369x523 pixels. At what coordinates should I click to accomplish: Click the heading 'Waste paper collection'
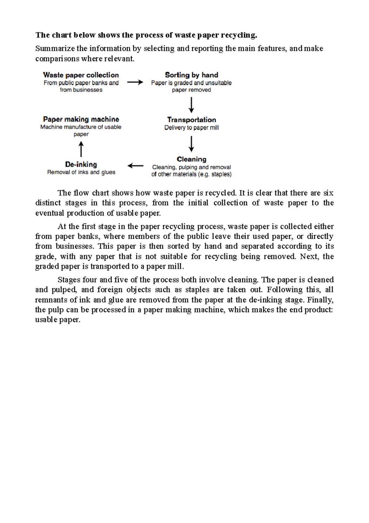coord(81,75)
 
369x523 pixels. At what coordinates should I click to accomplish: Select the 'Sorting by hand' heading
coord(191,75)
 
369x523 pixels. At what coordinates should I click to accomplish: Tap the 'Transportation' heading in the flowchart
coord(191,120)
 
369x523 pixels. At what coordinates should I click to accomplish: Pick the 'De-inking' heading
coord(81,164)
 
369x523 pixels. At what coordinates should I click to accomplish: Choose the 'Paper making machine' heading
coord(81,119)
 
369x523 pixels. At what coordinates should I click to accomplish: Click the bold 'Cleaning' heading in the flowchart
coord(191,159)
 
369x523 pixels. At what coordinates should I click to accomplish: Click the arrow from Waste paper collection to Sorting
coord(135,82)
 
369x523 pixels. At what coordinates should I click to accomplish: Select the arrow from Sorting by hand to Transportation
coord(191,105)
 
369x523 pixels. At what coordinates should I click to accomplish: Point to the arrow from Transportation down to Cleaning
coord(191,144)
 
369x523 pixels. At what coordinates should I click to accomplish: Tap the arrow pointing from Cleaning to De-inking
coord(135,166)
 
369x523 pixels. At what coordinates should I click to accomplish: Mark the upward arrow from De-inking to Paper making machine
coord(81,149)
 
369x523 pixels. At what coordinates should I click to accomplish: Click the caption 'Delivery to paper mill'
coord(191,128)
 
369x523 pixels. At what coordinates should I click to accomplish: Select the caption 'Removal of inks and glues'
coord(81,172)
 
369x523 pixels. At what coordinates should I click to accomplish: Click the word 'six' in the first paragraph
coord(328,193)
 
